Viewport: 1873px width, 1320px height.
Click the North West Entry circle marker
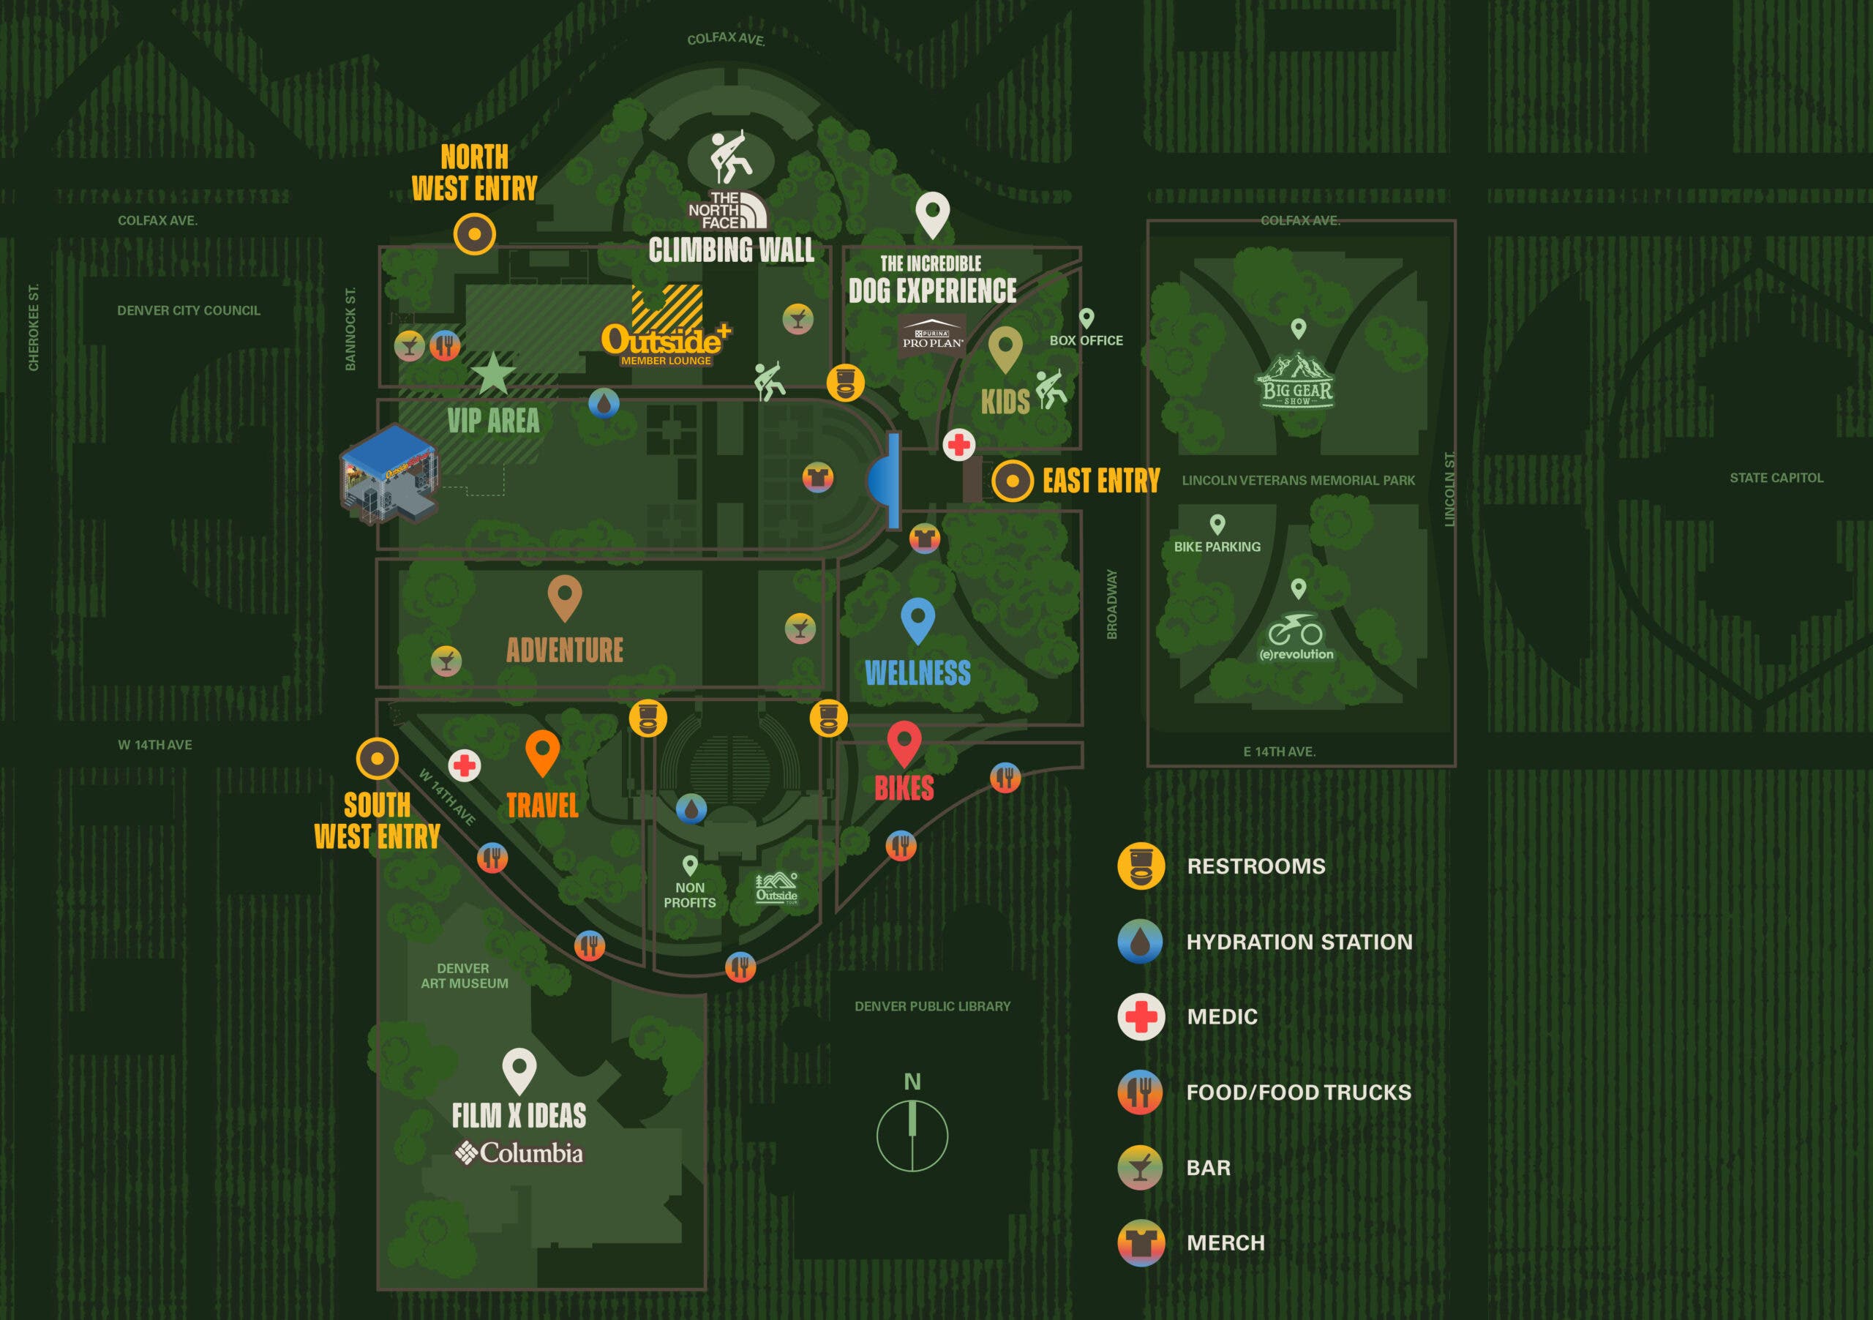click(x=474, y=234)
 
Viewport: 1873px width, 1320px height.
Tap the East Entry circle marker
click(x=1013, y=481)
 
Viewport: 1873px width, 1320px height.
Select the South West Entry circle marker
click(x=377, y=759)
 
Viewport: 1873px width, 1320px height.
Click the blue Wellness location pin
click(x=917, y=619)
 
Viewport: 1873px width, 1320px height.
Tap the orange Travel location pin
click(x=542, y=751)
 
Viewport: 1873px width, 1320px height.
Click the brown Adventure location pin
click(x=565, y=596)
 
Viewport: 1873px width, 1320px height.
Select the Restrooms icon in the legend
click(x=1141, y=866)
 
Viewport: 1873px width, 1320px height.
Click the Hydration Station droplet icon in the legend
click(x=1141, y=942)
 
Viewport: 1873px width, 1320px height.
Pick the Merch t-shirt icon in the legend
click(x=1141, y=1242)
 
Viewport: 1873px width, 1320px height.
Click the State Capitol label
click(x=1776, y=478)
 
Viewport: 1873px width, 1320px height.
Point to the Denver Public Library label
click(x=932, y=1007)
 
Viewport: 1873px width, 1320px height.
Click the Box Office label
click(x=1086, y=340)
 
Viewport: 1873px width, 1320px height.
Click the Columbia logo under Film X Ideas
click(x=519, y=1152)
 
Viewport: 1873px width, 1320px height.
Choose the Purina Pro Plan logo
click(x=932, y=335)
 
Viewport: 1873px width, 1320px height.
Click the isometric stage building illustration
click(x=389, y=474)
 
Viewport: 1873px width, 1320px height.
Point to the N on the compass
click(x=912, y=1081)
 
